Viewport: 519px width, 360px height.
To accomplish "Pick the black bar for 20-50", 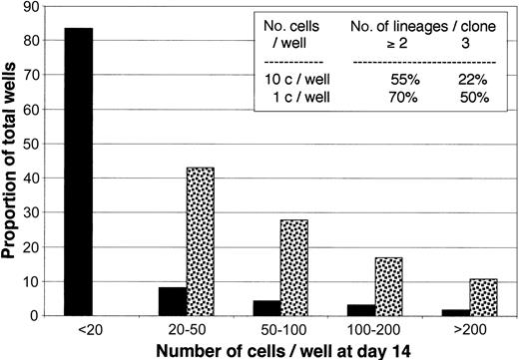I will coord(173,301).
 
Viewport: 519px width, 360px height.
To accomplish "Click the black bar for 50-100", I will coord(265,308).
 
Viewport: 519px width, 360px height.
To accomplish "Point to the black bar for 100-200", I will coord(359,310).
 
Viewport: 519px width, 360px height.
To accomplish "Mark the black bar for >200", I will coord(453,312).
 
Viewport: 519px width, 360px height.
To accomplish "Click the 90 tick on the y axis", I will coord(30,6).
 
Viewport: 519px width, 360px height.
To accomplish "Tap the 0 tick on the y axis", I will coord(33,316).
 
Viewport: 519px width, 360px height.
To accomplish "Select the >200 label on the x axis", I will coord(468,329).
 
